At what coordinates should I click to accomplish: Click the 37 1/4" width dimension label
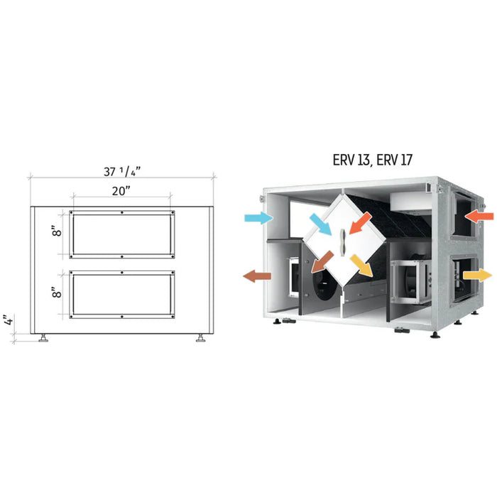click(x=121, y=171)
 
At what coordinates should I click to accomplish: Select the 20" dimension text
click(x=121, y=190)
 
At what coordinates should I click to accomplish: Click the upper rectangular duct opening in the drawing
click(x=122, y=233)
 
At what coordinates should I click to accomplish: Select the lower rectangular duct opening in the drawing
click(x=122, y=294)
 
